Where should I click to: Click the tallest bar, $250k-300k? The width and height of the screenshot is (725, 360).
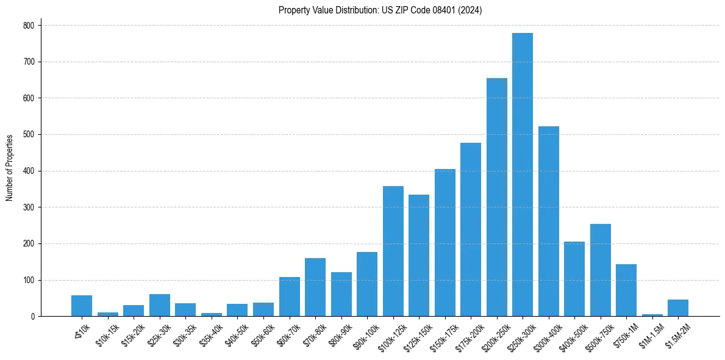[523, 177]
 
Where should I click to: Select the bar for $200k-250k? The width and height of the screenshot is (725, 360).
[496, 198]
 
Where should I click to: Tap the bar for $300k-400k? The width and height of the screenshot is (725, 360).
[548, 223]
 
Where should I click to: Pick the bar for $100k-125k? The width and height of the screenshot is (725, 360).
[393, 251]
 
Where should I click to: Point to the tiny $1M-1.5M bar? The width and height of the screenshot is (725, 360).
[652, 315]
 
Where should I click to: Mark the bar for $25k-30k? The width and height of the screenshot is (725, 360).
[160, 306]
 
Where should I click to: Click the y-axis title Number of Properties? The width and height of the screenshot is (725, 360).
[10, 168]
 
